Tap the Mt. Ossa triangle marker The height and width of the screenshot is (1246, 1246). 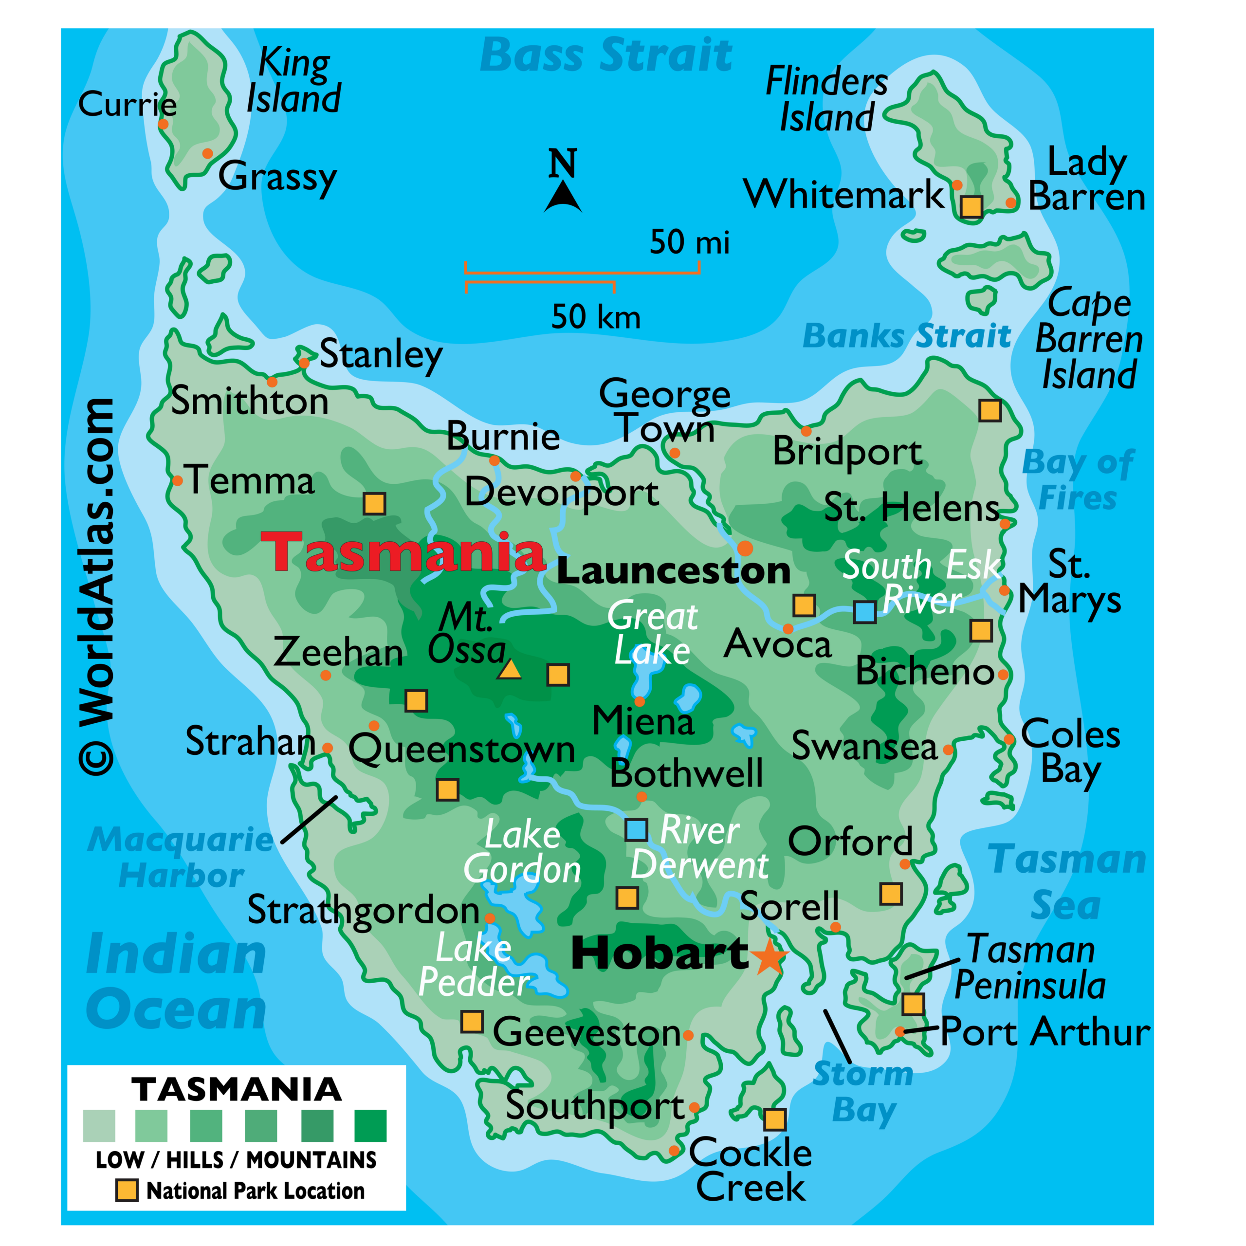pyautogui.click(x=510, y=669)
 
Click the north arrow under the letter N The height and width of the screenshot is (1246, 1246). pyautogui.click(x=563, y=197)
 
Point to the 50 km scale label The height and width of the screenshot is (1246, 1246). pyautogui.click(x=596, y=317)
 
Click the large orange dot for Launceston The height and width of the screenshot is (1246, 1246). pyautogui.click(x=745, y=548)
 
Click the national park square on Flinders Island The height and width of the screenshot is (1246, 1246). pyautogui.click(x=971, y=206)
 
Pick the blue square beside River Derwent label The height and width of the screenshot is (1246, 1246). pyautogui.click(x=637, y=830)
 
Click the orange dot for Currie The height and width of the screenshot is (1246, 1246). pyautogui.click(x=163, y=124)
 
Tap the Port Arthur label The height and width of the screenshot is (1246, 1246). pyautogui.click(x=1045, y=1032)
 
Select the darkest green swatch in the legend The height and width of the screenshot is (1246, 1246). pyautogui.click(x=370, y=1126)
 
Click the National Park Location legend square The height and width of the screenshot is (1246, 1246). pyautogui.click(x=127, y=1191)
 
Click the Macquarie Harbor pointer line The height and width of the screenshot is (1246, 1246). pyautogui.click(x=309, y=819)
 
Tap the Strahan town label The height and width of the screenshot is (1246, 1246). pyautogui.click(x=250, y=742)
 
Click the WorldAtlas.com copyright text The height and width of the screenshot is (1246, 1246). pyautogui.click(x=97, y=587)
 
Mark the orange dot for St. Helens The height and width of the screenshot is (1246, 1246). pyautogui.click(x=1005, y=524)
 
